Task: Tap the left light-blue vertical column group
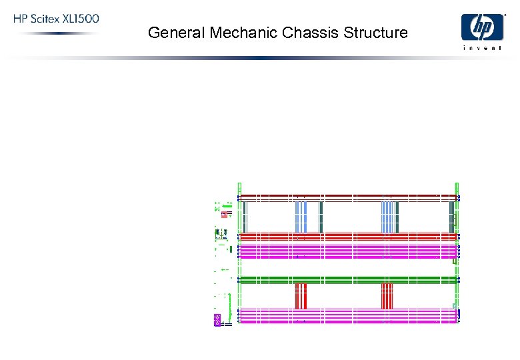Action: coord(301,217)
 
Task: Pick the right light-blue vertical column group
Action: coord(387,217)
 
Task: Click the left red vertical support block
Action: coord(301,295)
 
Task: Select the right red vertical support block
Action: coord(387,295)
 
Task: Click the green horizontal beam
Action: coord(347,279)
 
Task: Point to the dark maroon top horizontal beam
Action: coord(347,197)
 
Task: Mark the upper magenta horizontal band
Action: coord(347,251)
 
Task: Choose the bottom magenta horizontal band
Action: coord(347,315)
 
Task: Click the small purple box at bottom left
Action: coord(217,321)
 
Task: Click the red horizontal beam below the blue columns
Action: coord(347,236)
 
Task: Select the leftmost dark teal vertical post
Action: coord(245,217)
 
